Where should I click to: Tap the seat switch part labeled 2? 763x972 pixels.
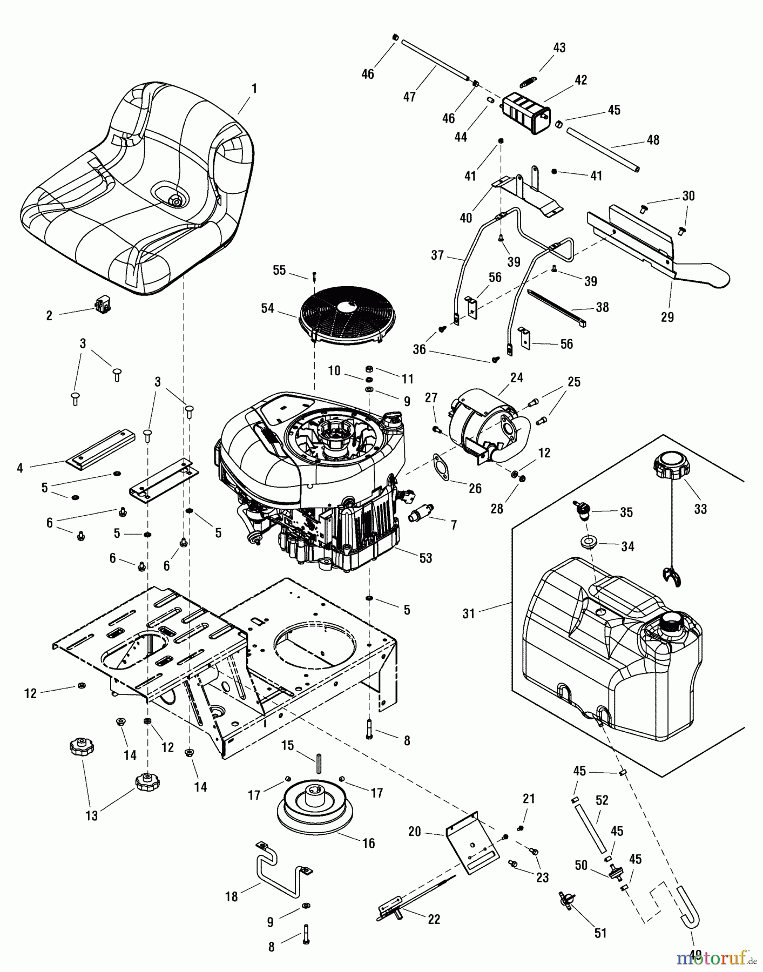(x=102, y=306)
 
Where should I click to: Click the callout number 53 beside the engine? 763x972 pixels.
(x=426, y=558)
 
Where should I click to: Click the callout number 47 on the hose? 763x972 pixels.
(x=409, y=97)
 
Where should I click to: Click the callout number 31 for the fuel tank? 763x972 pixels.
(x=468, y=614)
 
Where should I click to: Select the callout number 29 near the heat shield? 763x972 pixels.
(x=667, y=317)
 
